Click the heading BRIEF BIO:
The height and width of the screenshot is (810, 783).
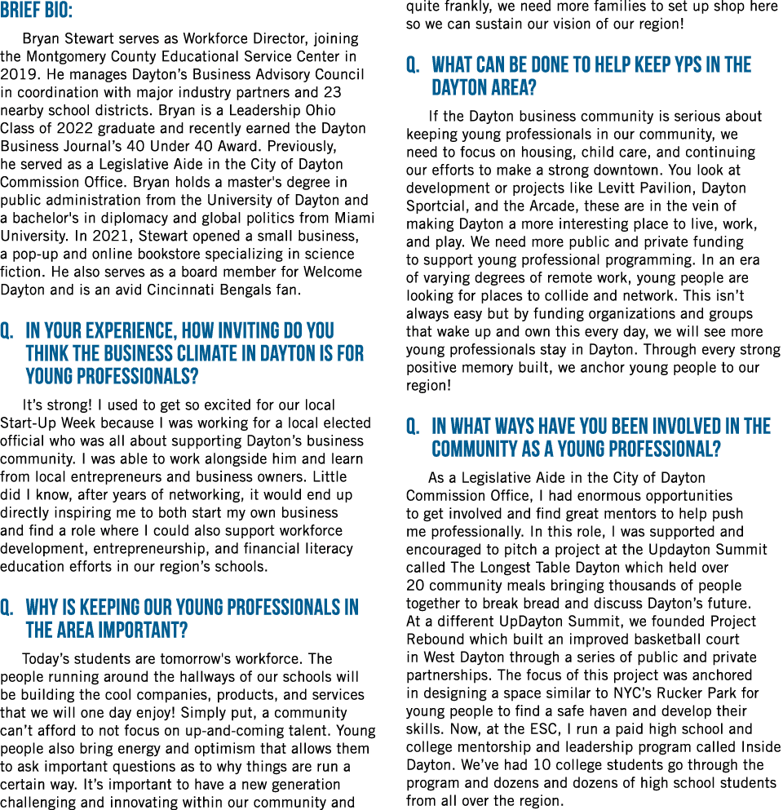[x=36, y=11]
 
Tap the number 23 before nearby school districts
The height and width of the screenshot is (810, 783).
[x=332, y=92]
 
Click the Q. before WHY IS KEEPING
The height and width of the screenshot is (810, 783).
[x=7, y=608]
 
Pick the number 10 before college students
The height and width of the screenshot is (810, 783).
[x=527, y=765]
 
